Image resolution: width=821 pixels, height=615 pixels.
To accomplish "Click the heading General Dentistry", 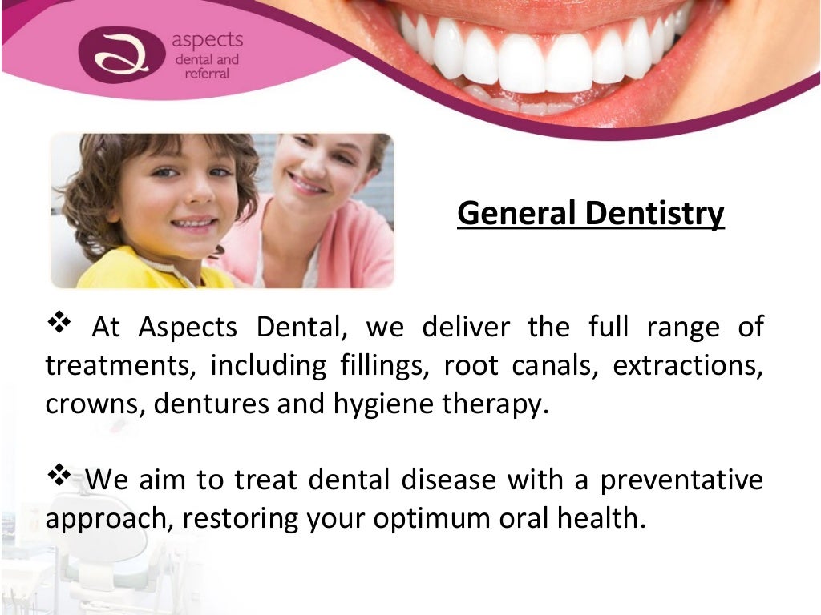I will pyautogui.click(x=590, y=214).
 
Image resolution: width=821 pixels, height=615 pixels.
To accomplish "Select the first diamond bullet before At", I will pyautogui.click(x=61, y=324).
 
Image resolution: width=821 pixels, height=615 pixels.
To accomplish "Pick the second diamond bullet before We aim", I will pyautogui.click(x=61, y=477).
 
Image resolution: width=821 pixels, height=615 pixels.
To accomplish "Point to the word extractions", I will pyautogui.click(x=687, y=365).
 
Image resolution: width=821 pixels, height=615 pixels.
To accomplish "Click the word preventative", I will pyautogui.click(x=682, y=480).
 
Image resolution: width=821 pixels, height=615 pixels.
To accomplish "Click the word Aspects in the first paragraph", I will pyautogui.click(x=188, y=327).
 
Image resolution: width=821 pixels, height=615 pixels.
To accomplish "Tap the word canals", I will pyautogui.click(x=557, y=365).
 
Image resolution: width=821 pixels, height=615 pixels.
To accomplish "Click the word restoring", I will pyautogui.click(x=241, y=518).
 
